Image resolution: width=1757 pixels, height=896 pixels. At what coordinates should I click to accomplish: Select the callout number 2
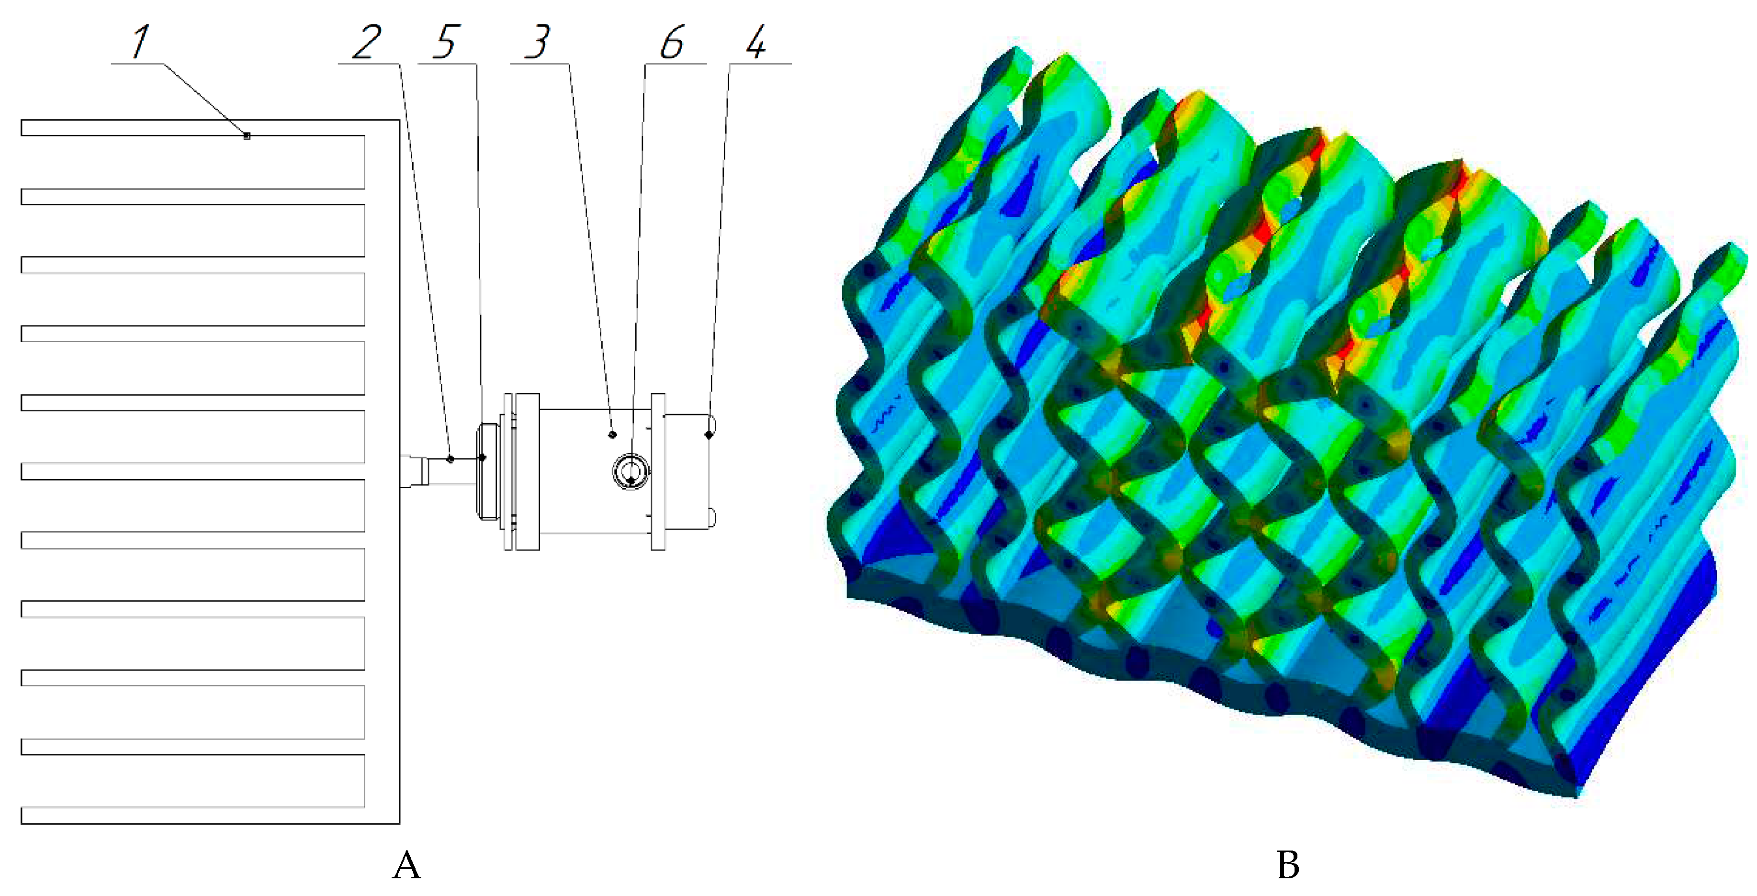point(367,42)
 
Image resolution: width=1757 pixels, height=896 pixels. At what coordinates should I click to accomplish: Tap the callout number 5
point(446,42)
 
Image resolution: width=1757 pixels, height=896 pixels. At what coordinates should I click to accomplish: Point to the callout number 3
point(538,42)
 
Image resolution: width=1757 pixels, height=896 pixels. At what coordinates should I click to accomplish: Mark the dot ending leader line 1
point(247,136)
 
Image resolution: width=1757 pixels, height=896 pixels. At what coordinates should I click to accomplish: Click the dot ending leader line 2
point(450,459)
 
